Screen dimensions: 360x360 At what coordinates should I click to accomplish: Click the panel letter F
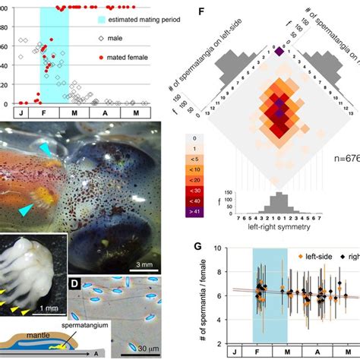(200, 12)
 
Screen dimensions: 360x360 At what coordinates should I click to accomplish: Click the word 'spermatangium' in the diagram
(87, 324)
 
